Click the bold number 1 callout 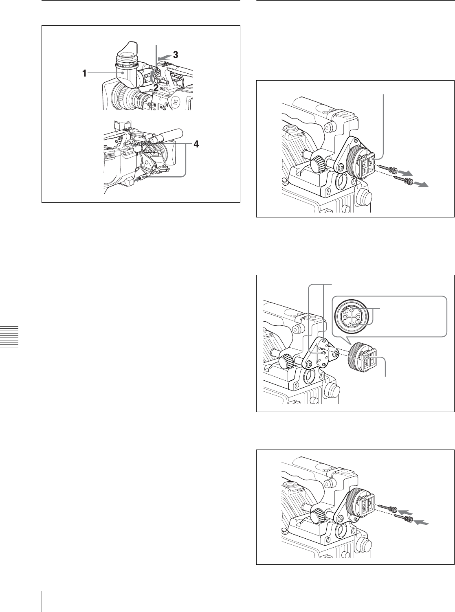(x=85, y=73)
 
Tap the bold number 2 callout (x=156, y=88)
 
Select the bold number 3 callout (x=175, y=55)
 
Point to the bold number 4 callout (x=196, y=144)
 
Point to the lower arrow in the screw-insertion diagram (x=421, y=522)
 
